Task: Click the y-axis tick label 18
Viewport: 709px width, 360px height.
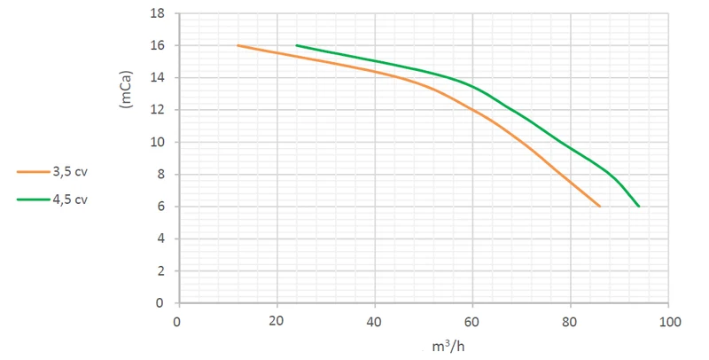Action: [x=158, y=13]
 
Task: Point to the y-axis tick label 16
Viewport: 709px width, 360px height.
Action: [x=158, y=46]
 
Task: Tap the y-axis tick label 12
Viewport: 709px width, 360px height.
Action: [x=158, y=110]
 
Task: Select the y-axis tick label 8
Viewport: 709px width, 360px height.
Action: [x=161, y=175]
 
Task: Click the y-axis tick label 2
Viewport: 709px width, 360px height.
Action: [x=161, y=271]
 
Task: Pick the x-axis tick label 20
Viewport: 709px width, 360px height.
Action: [x=276, y=321]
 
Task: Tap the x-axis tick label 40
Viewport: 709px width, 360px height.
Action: [x=374, y=322]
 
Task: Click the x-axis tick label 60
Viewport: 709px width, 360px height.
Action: [x=471, y=322]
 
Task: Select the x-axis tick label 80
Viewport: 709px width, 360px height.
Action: [x=569, y=322]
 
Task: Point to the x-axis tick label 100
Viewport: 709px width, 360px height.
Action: [x=670, y=322]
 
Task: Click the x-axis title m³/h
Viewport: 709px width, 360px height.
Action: [x=448, y=347]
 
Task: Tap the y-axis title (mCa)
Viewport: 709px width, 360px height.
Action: [x=126, y=89]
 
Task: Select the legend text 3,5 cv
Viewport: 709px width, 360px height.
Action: [x=70, y=172]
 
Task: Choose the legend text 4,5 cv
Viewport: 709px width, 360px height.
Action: [x=70, y=200]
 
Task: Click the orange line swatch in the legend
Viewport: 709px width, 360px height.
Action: [x=34, y=172]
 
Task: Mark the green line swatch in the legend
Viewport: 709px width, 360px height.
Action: [x=34, y=200]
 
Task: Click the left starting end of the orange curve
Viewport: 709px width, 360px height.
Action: [x=238, y=46]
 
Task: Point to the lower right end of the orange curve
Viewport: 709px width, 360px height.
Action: [x=600, y=207]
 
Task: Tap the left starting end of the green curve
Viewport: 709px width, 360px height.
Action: [x=297, y=45]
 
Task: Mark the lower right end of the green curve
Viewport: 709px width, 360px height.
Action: [x=639, y=207]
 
